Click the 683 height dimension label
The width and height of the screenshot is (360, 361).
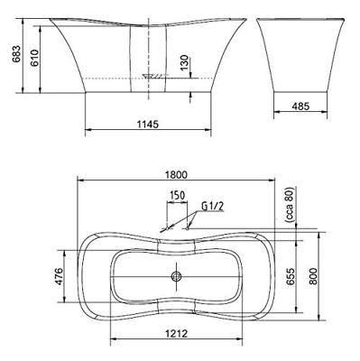[x=16, y=54]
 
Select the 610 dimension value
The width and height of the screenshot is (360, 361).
[x=34, y=58]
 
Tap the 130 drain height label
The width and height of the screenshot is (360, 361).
[x=185, y=62]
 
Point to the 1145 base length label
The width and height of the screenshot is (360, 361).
[x=148, y=124]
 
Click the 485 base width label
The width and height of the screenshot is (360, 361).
[x=300, y=106]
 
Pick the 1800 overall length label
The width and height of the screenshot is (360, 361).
[x=176, y=175]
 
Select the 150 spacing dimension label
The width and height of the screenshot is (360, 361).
[x=177, y=195]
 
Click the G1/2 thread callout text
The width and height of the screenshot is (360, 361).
[x=213, y=206]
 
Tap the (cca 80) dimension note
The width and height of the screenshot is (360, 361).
[x=290, y=205]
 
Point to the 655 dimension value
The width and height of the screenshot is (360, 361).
[x=291, y=276]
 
